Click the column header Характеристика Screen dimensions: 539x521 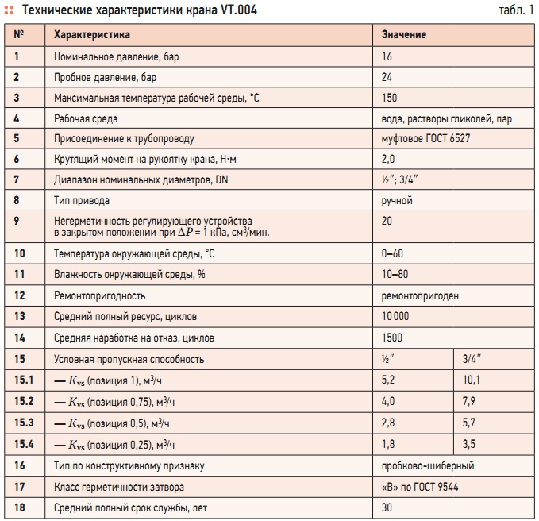point(92,35)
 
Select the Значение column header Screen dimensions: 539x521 point(404,35)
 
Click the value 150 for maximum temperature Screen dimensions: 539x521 point(390,98)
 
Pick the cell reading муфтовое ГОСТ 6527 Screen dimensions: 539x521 point(425,139)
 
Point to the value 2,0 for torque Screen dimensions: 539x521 point(388,159)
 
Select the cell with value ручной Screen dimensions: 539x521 point(397,201)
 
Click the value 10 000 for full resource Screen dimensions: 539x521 point(395,316)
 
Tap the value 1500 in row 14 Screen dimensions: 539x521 point(392,338)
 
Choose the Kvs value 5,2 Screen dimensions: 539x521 point(388,380)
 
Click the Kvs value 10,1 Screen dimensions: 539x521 point(472,380)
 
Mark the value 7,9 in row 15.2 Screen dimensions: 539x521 point(469,401)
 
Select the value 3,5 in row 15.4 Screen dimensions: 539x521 point(469,444)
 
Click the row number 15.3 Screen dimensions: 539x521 point(24,423)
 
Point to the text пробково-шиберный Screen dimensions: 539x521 point(428,466)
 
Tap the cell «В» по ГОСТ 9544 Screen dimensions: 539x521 point(420,487)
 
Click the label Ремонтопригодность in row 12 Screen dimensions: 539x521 point(100,296)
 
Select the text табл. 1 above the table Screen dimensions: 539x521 point(516,10)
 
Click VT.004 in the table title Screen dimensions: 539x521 point(239,10)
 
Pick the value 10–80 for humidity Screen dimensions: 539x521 point(395,275)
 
